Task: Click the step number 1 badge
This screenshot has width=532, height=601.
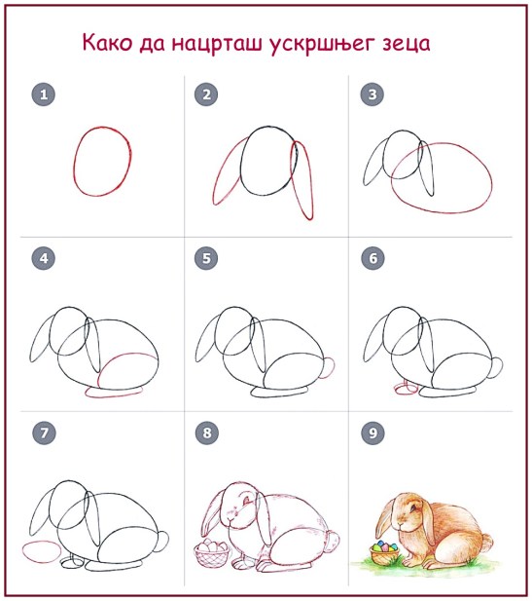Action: point(42,94)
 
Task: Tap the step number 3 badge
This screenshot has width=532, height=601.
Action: point(369,94)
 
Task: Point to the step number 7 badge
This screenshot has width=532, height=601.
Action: point(42,431)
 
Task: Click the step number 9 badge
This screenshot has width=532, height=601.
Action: point(369,431)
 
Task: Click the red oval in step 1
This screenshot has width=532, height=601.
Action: point(102,162)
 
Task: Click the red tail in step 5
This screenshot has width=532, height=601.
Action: point(330,366)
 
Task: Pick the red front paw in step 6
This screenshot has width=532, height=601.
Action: point(403,389)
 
